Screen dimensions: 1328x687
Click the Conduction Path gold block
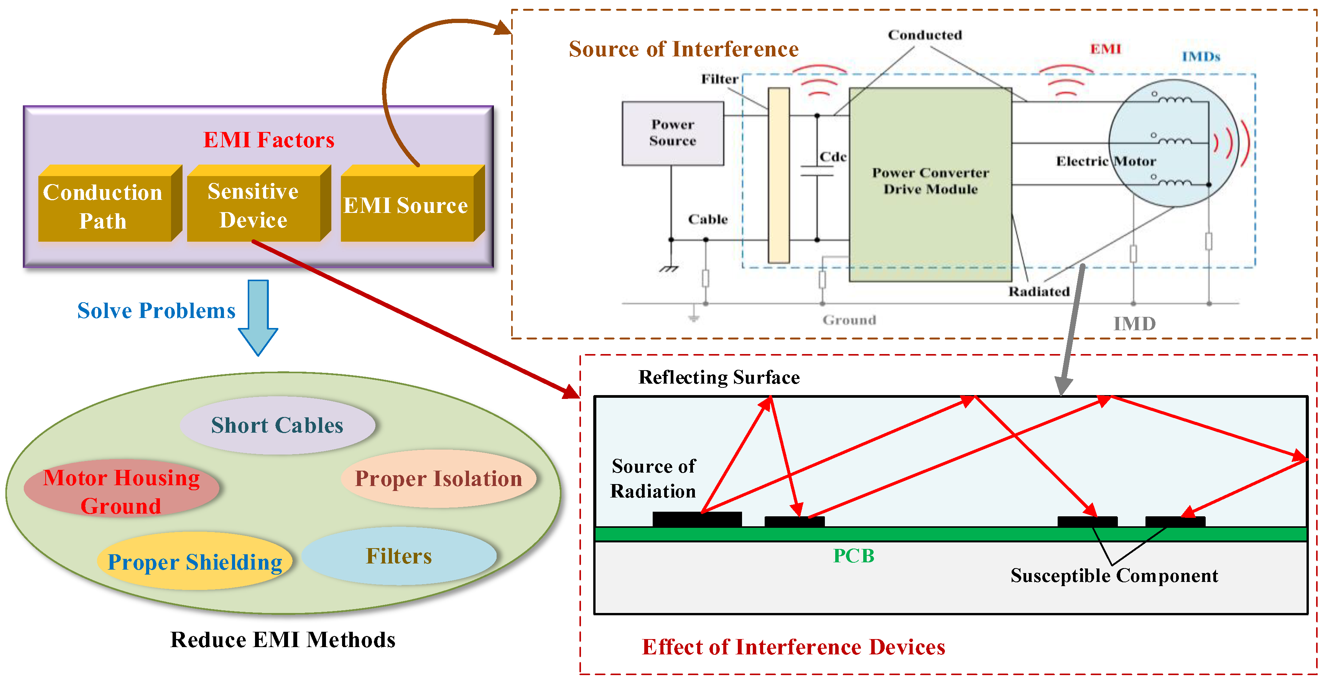[x=110, y=203]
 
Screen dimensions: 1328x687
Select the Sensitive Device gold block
[x=259, y=203]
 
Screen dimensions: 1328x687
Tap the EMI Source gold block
[x=412, y=203]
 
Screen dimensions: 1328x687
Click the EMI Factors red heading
[x=268, y=140]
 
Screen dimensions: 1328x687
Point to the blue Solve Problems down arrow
[x=258, y=317]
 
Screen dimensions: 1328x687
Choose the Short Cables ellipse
[x=277, y=425]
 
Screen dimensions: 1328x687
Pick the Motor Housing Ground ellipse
[x=122, y=488]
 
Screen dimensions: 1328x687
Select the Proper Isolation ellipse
[x=439, y=479]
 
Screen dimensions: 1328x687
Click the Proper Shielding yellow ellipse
[x=195, y=561]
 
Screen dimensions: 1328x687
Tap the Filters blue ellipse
[x=399, y=556]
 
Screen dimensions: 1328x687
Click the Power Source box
[x=673, y=133]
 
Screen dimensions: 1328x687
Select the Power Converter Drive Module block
[x=931, y=185]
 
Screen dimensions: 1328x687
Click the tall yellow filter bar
[x=779, y=175]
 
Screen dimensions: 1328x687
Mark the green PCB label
[x=854, y=555]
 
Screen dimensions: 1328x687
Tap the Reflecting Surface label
[x=719, y=377]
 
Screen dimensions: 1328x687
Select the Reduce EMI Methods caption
[x=283, y=639]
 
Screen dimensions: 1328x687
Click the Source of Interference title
[x=684, y=49]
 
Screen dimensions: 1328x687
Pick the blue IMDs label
[x=1201, y=56]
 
